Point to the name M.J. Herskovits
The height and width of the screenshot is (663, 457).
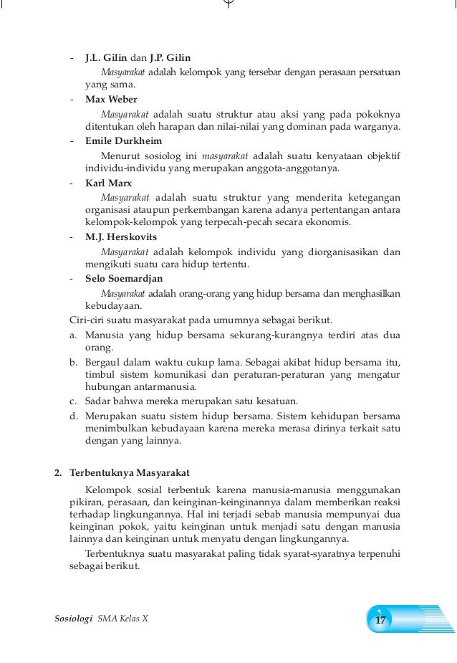coord(120,237)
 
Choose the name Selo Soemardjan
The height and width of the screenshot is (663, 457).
coord(124,278)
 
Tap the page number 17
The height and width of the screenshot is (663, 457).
coord(380,619)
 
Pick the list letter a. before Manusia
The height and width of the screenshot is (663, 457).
coord(73,334)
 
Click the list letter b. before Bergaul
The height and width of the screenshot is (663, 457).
coord(73,362)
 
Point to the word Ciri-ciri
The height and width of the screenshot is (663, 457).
coord(85,320)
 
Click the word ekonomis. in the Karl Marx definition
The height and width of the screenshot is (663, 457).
coord(330,223)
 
